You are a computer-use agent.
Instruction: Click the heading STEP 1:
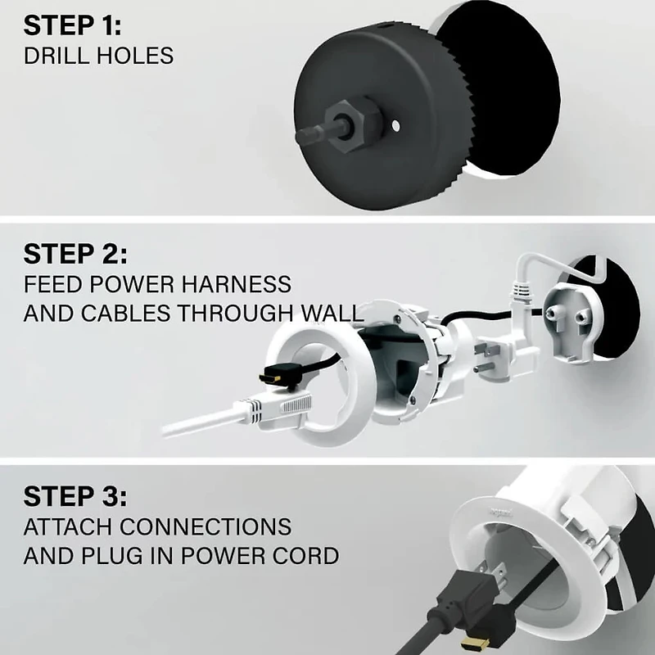[73, 25]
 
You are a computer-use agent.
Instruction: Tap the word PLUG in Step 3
[98, 557]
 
